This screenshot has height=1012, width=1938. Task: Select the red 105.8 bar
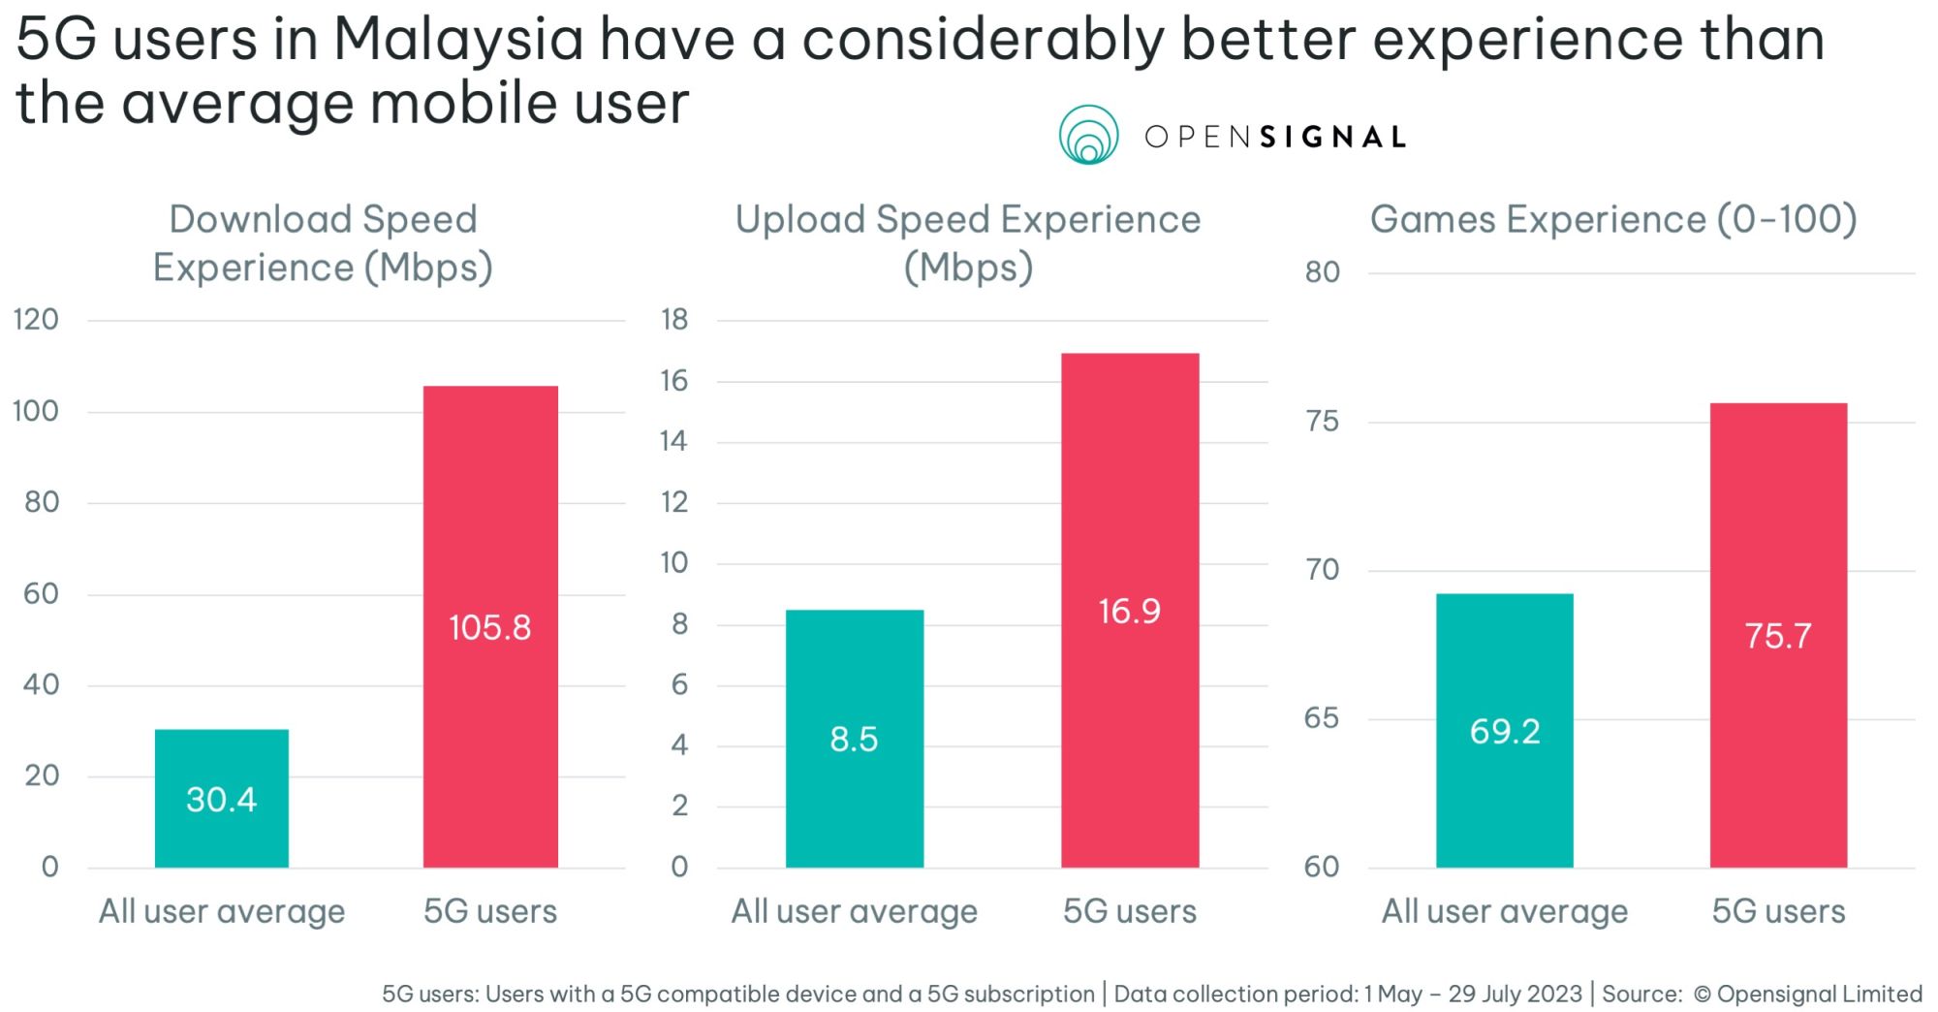pos(490,626)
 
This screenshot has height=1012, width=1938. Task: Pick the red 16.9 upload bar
pos(1130,610)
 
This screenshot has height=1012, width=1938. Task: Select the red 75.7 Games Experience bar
pos(1778,635)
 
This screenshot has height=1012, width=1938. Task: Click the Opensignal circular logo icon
pos(1088,135)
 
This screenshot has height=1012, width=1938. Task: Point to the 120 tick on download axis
pos(36,319)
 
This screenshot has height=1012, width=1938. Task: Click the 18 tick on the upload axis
pos(674,319)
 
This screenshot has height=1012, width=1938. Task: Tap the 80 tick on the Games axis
pos(1322,272)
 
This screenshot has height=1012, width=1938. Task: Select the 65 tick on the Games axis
pos(1322,718)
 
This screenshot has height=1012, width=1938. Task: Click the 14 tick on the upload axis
pos(673,441)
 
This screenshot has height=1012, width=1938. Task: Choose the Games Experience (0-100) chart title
pos(1613,219)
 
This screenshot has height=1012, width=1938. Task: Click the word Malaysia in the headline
pos(458,40)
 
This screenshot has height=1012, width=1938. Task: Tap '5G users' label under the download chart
pos(490,911)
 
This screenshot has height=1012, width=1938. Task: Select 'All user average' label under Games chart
pos(1504,911)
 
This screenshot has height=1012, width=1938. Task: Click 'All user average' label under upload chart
pos(854,911)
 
